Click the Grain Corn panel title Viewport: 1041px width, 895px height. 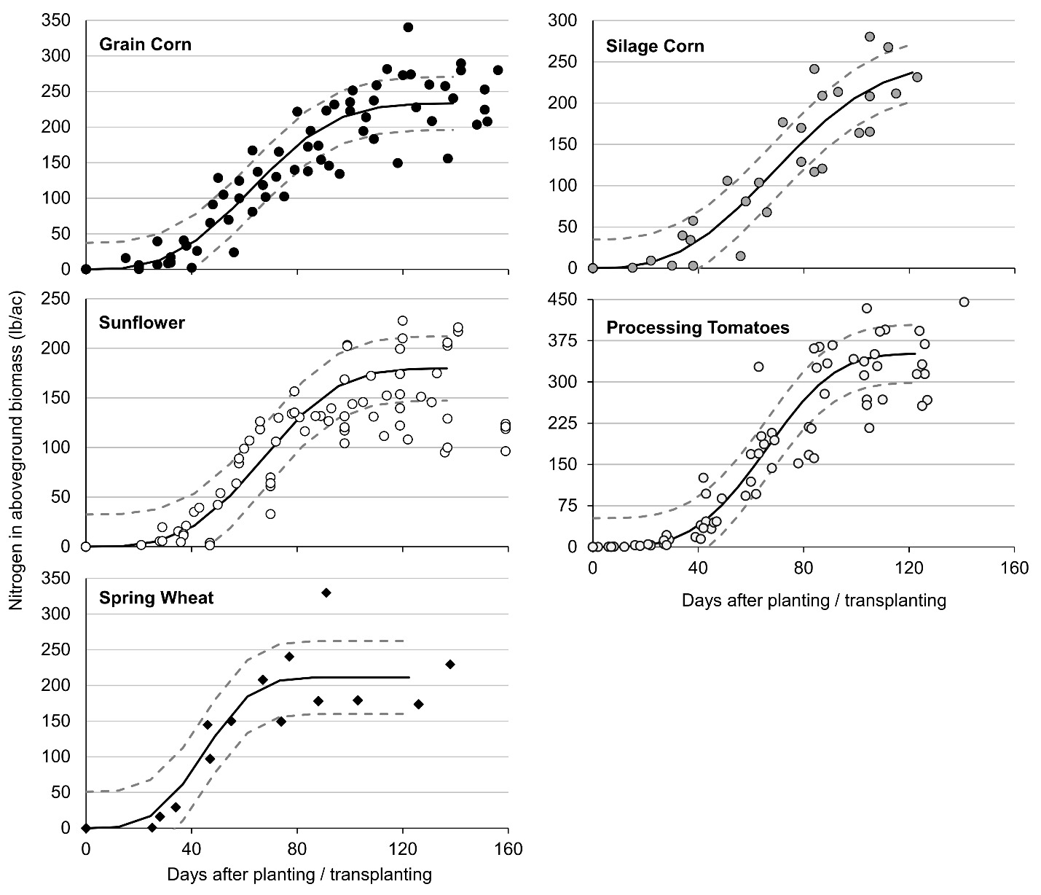(145, 44)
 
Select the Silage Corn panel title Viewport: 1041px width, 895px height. (655, 47)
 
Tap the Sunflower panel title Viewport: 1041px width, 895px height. (141, 323)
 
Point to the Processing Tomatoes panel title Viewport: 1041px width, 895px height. (697, 328)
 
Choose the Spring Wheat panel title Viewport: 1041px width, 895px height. (156, 599)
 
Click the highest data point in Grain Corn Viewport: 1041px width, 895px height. (408, 27)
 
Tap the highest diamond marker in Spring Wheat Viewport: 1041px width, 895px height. (326, 593)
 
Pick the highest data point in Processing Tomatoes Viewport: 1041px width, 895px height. (964, 302)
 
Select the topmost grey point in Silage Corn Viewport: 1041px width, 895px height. (869, 36)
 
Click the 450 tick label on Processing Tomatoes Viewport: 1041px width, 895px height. (563, 300)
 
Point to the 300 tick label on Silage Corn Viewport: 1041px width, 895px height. (563, 21)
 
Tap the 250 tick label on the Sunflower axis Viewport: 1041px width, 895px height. (57, 299)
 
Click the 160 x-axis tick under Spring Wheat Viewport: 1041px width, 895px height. (508, 850)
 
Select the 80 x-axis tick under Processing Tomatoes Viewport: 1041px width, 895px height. (803, 568)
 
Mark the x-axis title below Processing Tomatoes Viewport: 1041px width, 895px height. (813, 601)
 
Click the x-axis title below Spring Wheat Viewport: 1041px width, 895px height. (299, 875)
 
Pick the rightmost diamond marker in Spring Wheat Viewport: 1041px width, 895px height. (450, 664)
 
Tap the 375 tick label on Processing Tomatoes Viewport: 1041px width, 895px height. (563, 341)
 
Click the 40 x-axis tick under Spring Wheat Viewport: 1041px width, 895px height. (191, 850)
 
